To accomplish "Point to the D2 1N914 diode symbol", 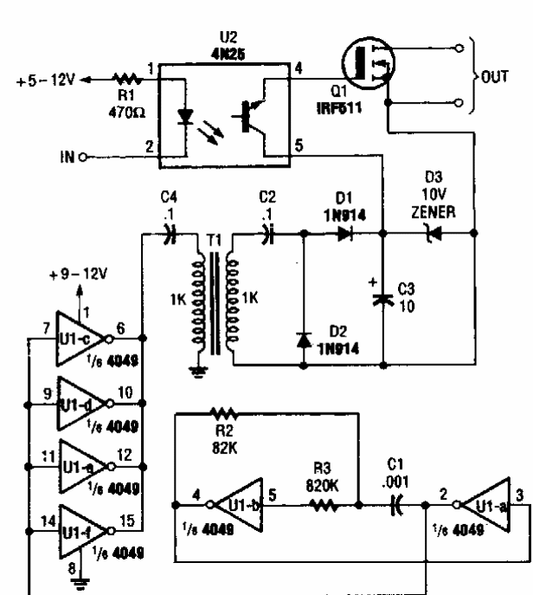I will pos(304,341).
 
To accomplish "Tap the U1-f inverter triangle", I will pos(83,525).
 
